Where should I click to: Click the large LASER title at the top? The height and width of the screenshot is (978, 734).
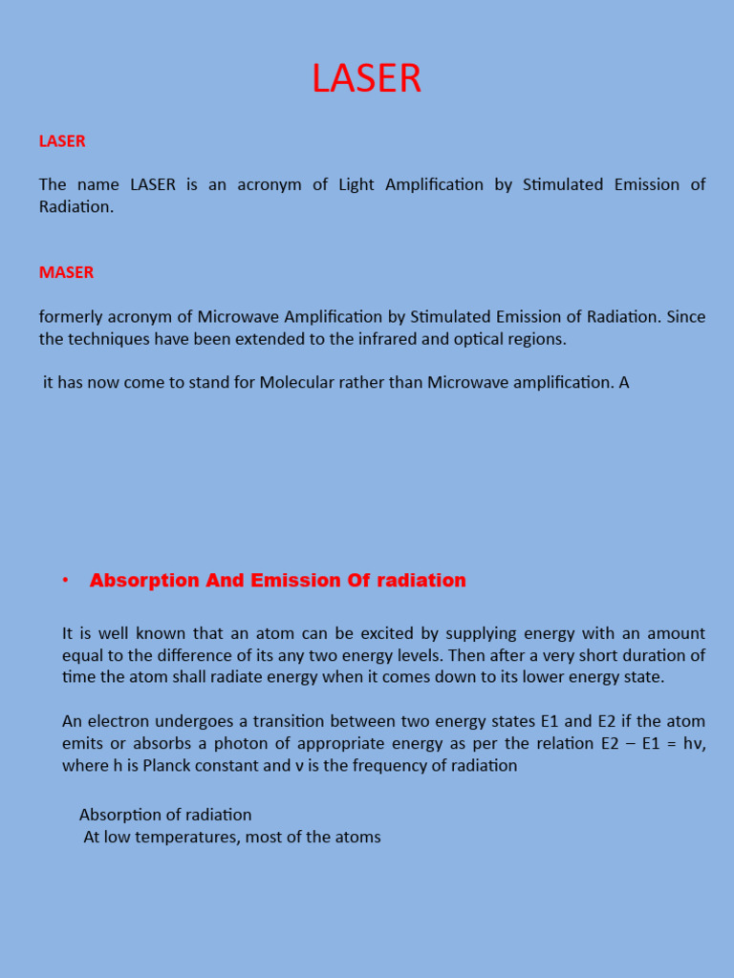[366, 79]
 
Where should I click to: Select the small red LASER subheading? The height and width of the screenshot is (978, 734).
[62, 141]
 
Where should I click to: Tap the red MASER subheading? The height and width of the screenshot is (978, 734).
[66, 272]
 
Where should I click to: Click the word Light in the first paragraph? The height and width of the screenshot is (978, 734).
[356, 184]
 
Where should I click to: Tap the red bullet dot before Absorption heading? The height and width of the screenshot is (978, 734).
[65, 581]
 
